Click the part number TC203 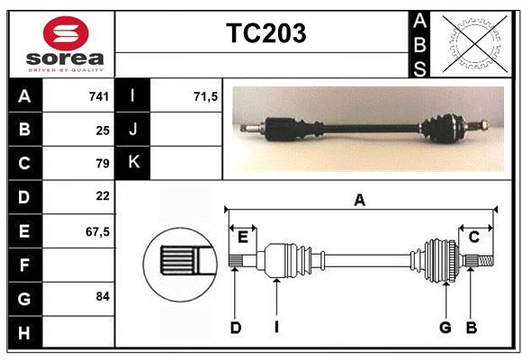point(265,33)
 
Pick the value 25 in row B point(103,130)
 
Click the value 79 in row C point(103,164)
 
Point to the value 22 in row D point(103,196)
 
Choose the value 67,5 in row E point(97,230)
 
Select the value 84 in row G point(103,296)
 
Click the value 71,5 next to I point(206,96)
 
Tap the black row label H point(24,332)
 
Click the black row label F point(24,265)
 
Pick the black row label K point(133,163)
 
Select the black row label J point(133,130)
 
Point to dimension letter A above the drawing point(360,200)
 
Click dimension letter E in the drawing point(243,237)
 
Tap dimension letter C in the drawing point(473,237)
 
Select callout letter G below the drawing point(445,328)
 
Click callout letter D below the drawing point(236,328)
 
